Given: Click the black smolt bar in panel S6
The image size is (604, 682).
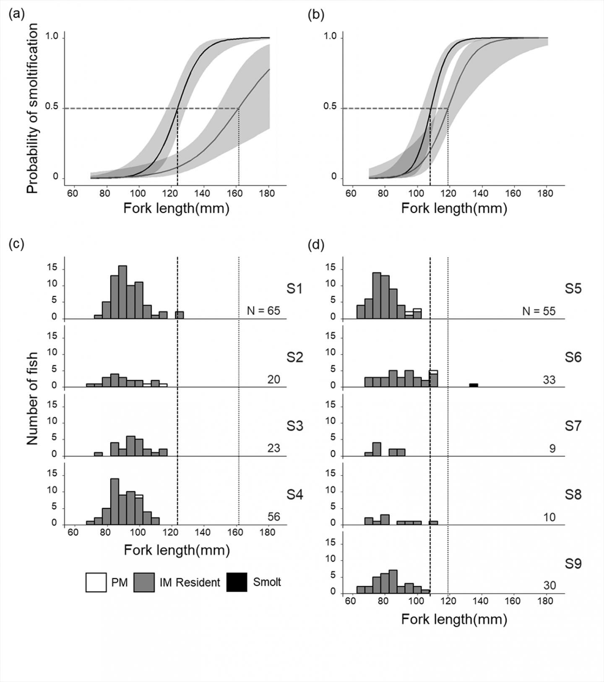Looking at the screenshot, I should [x=474, y=385].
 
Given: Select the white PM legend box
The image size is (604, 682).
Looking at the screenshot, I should [x=96, y=582].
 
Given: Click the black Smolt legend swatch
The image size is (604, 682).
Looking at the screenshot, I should [x=237, y=582].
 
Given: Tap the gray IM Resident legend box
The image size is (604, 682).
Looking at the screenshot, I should [x=144, y=582].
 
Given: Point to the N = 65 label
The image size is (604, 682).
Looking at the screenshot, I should [x=263, y=311].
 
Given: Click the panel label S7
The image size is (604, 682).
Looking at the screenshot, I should [x=573, y=426].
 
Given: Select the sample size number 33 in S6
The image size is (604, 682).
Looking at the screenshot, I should [x=549, y=380].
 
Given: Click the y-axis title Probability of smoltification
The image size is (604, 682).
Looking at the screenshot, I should [x=32, y=108].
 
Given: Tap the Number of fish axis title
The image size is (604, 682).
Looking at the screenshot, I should [x=32, y=398].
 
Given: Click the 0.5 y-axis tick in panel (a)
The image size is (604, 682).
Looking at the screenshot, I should [x=52, y=106].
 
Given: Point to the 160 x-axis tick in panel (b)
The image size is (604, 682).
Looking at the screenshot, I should [x=513, y=193].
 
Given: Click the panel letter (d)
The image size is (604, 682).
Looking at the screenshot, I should [x=316, y=245].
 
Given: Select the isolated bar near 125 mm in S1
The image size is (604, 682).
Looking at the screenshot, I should [x=180, y=315].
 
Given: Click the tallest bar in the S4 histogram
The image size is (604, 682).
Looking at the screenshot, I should [x=115, y=501].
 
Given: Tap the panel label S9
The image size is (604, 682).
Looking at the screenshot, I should [x=573, y=564].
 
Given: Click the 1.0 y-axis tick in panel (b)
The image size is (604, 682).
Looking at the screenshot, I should [x=330, y=36].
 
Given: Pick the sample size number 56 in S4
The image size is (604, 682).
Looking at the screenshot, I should [x=273, y=517].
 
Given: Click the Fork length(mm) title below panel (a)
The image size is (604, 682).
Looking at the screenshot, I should [x=176, y=208].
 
